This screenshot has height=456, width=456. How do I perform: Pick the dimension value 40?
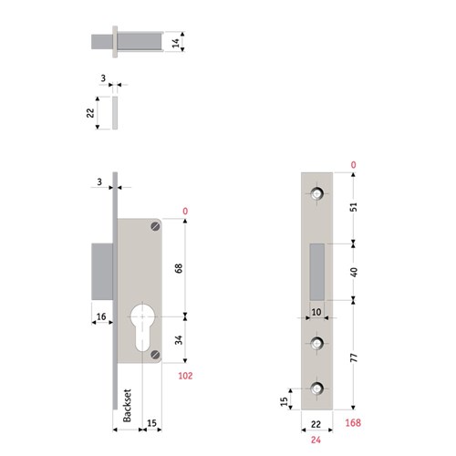pyautogui.click(x=357, y=271)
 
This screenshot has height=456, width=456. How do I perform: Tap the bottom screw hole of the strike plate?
pyautogui.click(x=316, y=389)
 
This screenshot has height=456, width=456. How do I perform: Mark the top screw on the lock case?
pyautogui.click(x=156, y=226)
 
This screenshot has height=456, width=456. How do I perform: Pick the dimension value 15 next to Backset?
pyautogui.click(x=152, y=422)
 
